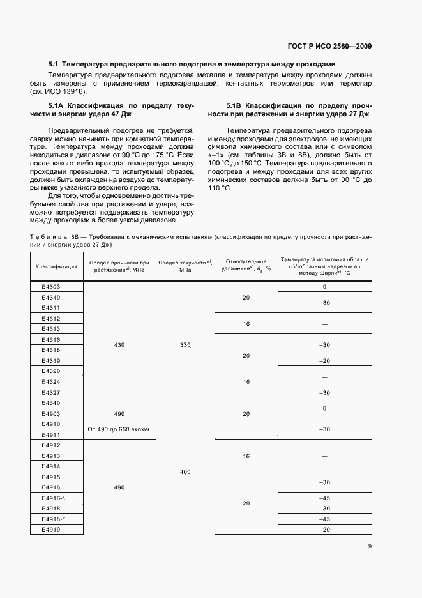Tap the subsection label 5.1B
coord(234,105)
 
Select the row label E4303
coord(51,287)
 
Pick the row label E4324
coord(51,381)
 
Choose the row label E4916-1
coord(54,498)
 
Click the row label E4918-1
coord(54,519)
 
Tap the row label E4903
coord(51,413)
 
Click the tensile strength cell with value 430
coord(119,345)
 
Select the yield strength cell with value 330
coord(185,345)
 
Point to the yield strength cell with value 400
coord(185,471)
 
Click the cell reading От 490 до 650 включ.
coord(119,429)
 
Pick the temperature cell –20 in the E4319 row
coord(324,360)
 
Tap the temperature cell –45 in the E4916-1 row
coord(324,498)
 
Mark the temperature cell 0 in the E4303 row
coord(324,287)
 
